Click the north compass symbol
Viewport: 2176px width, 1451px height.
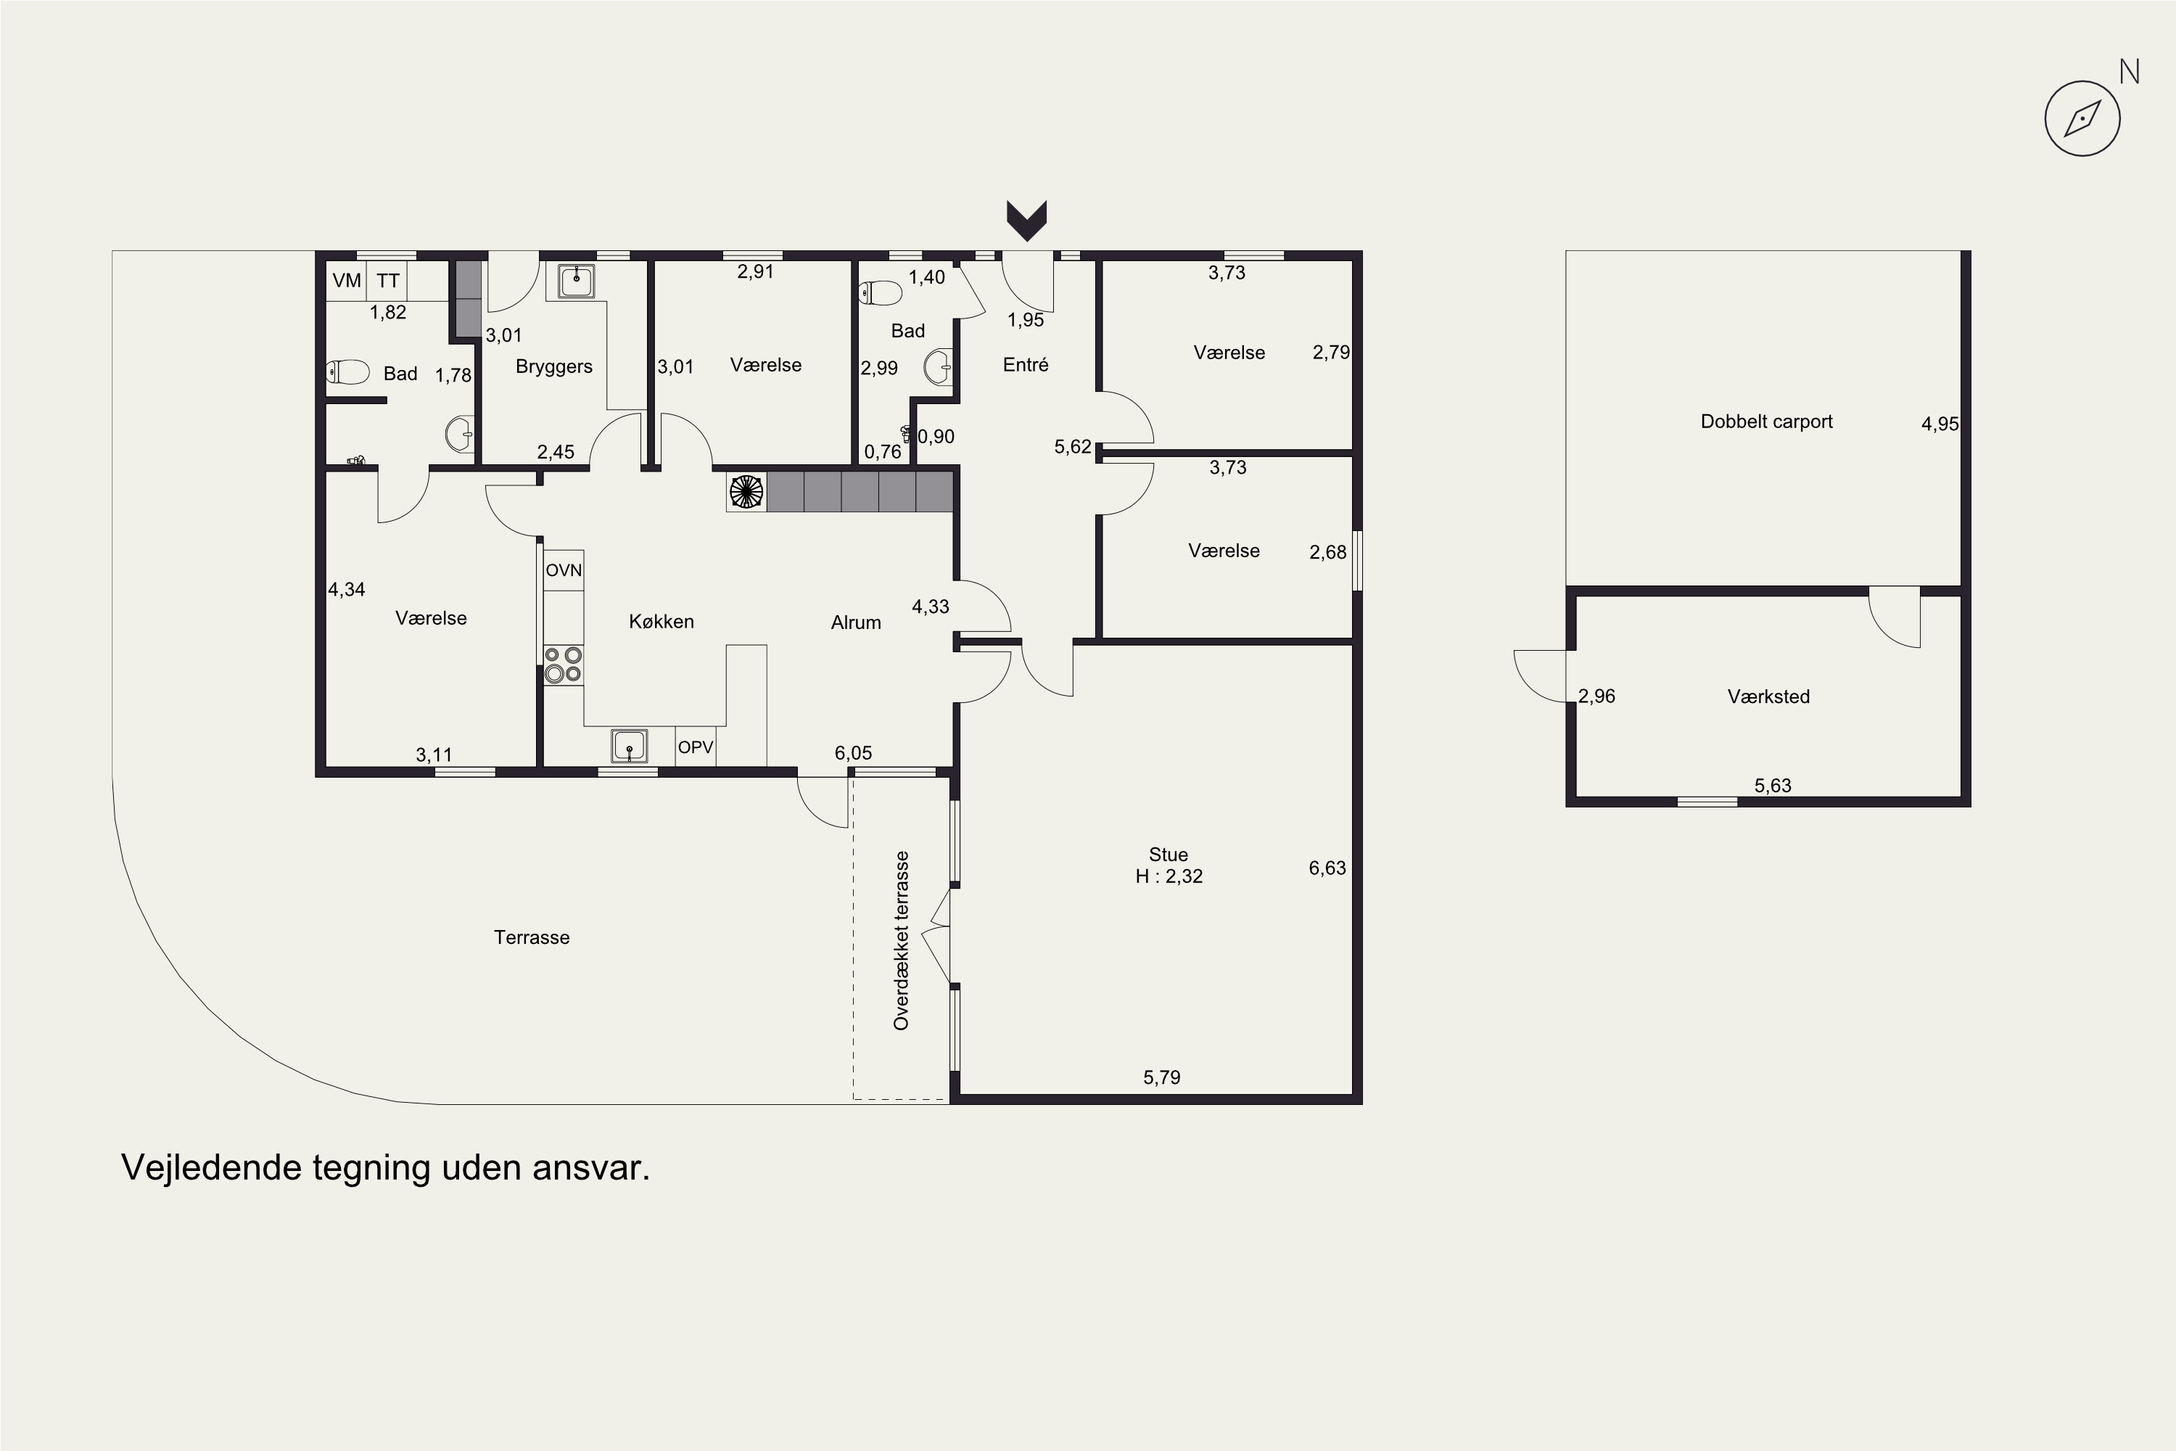[x=2082, y=118]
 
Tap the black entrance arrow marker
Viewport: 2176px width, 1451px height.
[x=1026, y=221]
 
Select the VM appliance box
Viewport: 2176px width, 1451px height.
[x=347, y=280]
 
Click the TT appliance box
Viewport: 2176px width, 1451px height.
[x=387, y=280]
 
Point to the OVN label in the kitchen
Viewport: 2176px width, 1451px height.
[x=564, y=570]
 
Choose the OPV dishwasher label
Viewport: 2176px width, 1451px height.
[x=696, y=747]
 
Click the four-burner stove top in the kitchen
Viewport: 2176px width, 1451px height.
[x=563, y=665]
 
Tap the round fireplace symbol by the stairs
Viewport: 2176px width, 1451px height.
[x=746, y=491]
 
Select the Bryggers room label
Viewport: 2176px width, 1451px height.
[x=553, y=366]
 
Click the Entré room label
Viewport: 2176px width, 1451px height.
[x=1025, y=365]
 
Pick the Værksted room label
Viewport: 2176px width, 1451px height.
[x=1768, y=696]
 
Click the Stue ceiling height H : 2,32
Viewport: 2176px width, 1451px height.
[x=1169, y=876]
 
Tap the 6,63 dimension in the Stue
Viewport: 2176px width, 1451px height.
[x=1327, y=868]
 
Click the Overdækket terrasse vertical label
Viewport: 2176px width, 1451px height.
[x=901, y=940]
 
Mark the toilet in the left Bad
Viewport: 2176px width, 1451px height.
[x=348, y=372]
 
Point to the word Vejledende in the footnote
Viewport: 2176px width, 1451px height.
[x=212, y=1168]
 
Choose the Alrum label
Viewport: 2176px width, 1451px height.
[x=856, y=622]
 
